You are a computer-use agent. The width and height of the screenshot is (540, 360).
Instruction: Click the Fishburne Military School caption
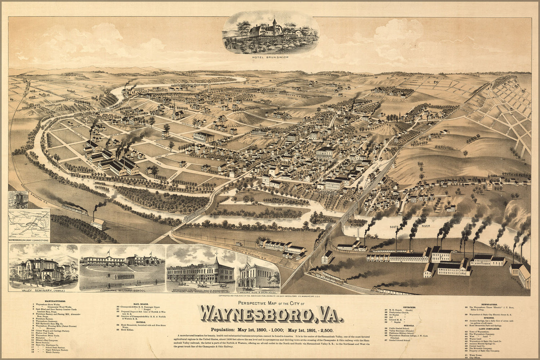pyautogui.click(x=122, y=290)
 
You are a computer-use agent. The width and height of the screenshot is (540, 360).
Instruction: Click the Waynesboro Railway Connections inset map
pyautogui.click(x=29, y=225)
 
